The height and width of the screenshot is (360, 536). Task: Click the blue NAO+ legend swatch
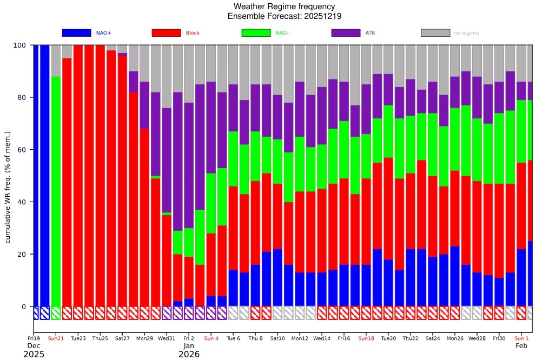click(x=76, y=33)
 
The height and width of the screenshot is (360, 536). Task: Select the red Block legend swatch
click(x=166, y=33)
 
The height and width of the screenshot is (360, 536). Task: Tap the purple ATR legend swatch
click(x=346, y=33)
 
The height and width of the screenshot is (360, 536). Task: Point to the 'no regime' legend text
click(x=466, y=34)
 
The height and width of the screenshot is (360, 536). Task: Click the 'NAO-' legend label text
click(x=282, y=34)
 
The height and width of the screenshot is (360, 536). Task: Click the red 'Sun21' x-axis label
click(x=56, y=338)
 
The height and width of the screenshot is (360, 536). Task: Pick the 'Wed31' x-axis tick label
click(x=167, y=338)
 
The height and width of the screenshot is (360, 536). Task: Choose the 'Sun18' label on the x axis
click(x=366, y=338)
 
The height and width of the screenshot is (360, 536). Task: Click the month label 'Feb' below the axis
click(x=521, y=345)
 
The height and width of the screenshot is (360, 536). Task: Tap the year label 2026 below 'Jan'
click(x=189, y=355)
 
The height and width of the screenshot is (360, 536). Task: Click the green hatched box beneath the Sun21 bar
click(x=56, y=313)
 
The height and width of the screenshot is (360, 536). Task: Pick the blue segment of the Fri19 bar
click(x=36, y=173)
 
